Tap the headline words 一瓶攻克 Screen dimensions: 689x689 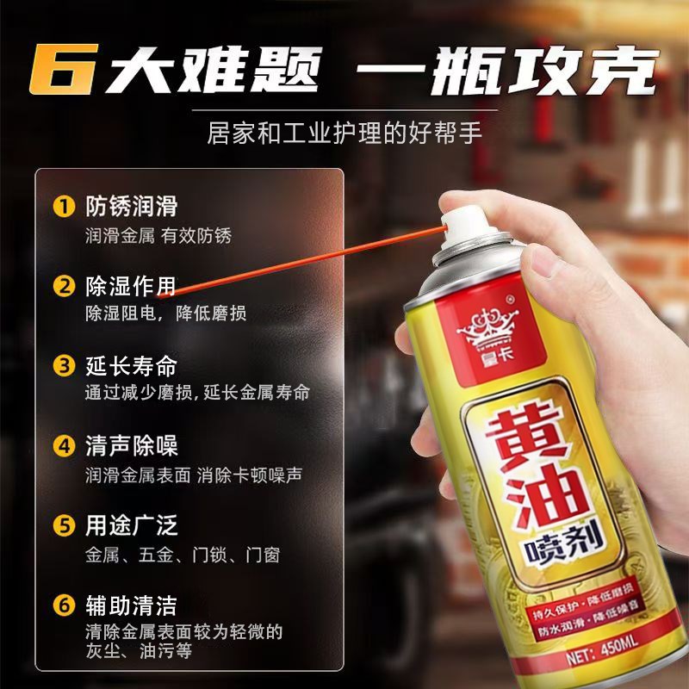[x=507, y=71]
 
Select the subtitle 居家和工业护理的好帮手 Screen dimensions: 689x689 [x=344, y=135]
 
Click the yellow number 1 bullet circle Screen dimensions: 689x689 [x=64, y=207]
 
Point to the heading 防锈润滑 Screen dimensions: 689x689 [x=131, y=207]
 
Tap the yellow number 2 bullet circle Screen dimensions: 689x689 [x=64, y=286]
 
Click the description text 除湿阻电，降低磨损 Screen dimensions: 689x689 [x=165, y=313]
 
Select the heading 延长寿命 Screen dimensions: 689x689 [x=131, y=365]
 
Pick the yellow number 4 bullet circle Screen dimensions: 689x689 [x=64, y=446]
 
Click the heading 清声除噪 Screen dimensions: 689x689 [x=131, y=446]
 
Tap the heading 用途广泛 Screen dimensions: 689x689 [x=131, y=525]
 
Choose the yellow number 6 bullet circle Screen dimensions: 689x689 [x=64, y=605]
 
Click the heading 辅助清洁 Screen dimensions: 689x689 [x=131, y=605]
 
